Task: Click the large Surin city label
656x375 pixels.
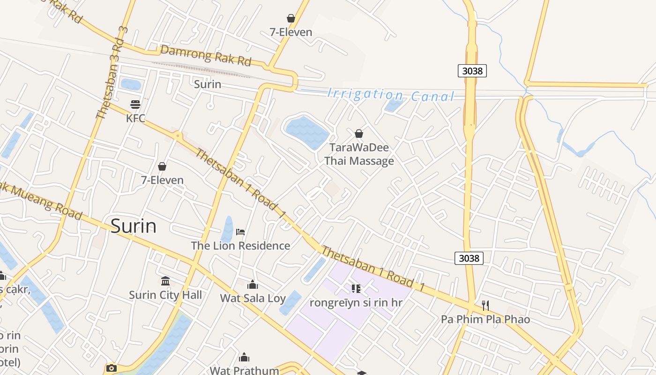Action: point(134,226)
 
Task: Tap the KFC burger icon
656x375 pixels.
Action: point(135,104)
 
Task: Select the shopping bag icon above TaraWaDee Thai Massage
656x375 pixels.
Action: point(359,134)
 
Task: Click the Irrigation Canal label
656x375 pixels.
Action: point(391,95)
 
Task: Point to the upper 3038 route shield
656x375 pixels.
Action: point(472,71)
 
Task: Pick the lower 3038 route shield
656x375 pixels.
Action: point(469,258)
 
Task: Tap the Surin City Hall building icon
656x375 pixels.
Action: point(165,281)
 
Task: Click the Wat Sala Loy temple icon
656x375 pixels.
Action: point(253,284)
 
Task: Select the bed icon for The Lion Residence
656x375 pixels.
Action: point(240,232)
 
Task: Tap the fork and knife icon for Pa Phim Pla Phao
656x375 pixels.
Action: point(485,306)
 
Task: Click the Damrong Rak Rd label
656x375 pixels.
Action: point(206,55)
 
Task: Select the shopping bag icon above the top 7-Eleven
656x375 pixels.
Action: point(291,18)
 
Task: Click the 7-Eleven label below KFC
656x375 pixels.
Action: point(162,180)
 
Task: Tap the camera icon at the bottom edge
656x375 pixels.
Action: point(111,368)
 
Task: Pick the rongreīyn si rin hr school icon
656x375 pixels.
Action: point(356,289)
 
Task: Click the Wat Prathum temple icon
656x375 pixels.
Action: point(244,358)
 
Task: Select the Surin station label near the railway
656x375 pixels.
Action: point(208,84)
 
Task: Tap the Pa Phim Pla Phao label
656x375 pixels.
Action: point(485,319)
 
